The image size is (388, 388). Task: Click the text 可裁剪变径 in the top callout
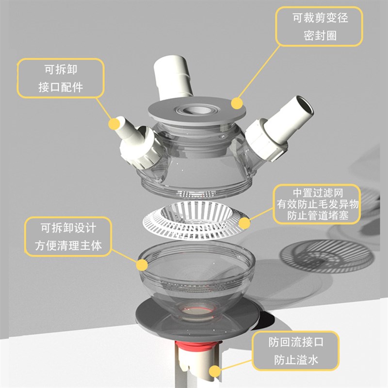(320, 19)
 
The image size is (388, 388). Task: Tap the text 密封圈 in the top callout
(320, 36)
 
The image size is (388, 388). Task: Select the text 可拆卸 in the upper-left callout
(61, 70)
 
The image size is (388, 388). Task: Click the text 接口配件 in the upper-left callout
(61, 88)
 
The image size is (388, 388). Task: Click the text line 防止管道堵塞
(318, 215)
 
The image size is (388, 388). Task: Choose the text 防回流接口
(296, 342)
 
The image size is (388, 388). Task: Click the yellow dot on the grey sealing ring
(236, 103)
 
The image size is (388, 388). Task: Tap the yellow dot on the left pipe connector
(114, 124)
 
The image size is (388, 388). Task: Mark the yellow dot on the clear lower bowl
(142, 265)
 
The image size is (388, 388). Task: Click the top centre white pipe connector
(172, 75)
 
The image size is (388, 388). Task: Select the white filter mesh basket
(194, 223)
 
